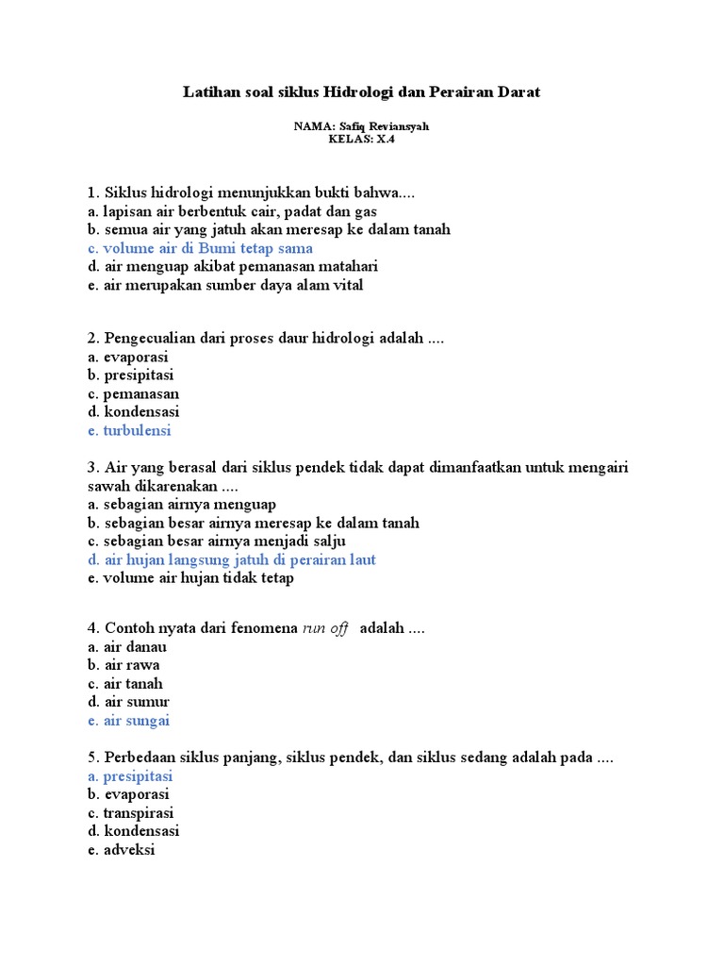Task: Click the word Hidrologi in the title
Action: point(355,92)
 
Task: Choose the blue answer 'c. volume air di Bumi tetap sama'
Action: point(200,248)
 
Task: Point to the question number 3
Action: point(92,468)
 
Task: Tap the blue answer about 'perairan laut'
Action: point(231,559)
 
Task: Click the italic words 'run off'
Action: point(325,628)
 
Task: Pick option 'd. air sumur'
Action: point(128,702)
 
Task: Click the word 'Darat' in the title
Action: point(519,92)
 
